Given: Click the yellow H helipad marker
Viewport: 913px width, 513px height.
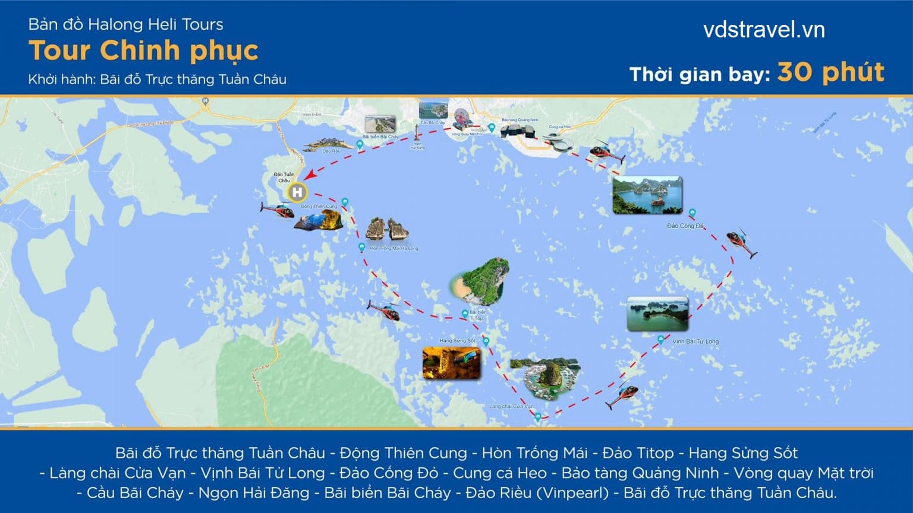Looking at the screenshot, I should (x=297, y=192).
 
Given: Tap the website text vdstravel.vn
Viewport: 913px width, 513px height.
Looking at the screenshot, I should (x=764, y=30).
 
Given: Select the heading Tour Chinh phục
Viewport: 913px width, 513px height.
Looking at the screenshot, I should (x=143, y=50).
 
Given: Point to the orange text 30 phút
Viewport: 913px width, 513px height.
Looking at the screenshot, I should (x=830, y=72).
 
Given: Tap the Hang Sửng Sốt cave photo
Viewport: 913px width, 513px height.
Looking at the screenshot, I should (x=451, y=363).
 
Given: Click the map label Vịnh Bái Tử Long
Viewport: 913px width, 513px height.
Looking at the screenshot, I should (x=695, y=341).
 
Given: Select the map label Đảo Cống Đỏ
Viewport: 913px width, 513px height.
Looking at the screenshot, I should (x=685, y=226).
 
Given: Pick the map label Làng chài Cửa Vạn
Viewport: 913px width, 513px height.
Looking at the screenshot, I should (x=511, y=407).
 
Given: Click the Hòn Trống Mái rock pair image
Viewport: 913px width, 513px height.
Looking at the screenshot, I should (x=387, y=229).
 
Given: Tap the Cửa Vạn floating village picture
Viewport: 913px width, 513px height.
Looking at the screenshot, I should (x=545, y=378).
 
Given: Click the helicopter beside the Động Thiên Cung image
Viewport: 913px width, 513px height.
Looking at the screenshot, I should (x=277, y=209).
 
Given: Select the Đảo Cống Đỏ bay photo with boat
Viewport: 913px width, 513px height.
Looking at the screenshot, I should (x=647, y=195).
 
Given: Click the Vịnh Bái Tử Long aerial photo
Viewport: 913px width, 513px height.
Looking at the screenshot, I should (x=657, y=313).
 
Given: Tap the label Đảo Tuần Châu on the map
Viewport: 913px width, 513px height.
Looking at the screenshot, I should (x=284, y=177).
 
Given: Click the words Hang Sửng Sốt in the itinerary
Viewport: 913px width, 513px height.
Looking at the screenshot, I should (x=742, y=453).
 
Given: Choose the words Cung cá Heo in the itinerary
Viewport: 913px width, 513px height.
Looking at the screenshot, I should (x=499, y=473).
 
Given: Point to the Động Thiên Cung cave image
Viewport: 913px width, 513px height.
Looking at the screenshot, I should (x=319, y=220).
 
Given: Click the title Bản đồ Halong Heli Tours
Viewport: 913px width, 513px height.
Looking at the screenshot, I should (x=125, y=24).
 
